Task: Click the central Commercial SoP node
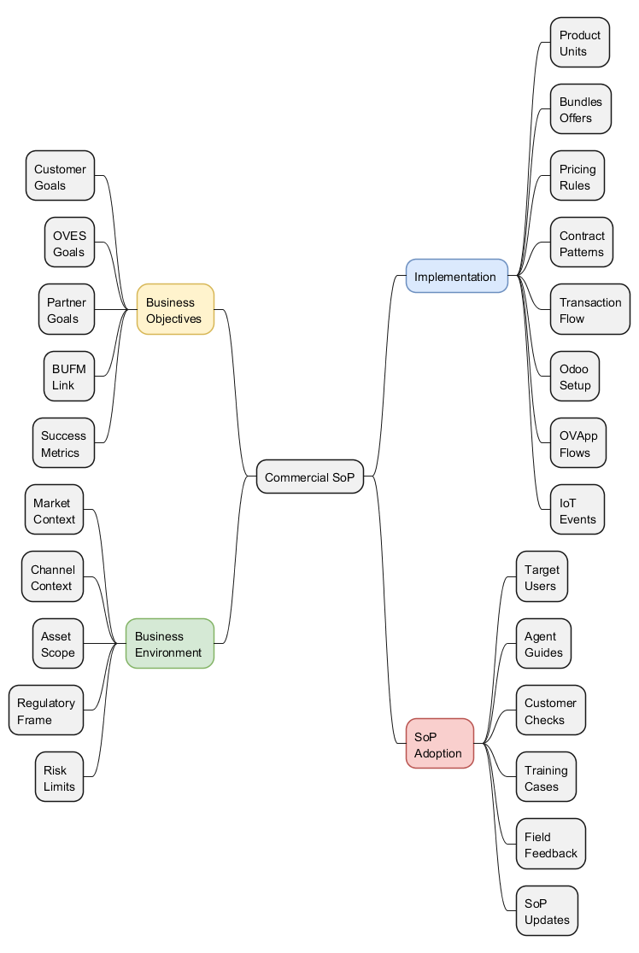click(x=310, y=476)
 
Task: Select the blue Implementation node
click(x=456, y=276)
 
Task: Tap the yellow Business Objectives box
click(x=175, y=309)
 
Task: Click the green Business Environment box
click(x=169, y=643)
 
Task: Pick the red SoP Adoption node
click(x=439, y=743)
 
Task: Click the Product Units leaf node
click(x=579, y=43)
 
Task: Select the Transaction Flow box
click(x=589, y=309)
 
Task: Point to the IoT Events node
click(x=577, y=510)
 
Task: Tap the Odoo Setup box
click(x=574, y=376)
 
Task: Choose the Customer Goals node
click(x=60, y=176)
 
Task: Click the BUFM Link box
click(x=68, y=376)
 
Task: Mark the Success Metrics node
click(x=63, y=442)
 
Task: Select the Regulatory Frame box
click(x=46, y=710)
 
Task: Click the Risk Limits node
click(x=59, y=776)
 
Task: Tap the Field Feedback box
click(x=550, y=844)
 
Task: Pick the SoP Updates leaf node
click(x=547, y=910)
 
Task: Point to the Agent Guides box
click(x=543, y=643)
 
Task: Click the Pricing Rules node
click(x=577, y=176)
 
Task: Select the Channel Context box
click(x=52, y=576)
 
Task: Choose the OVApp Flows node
click(x=577, y=442)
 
